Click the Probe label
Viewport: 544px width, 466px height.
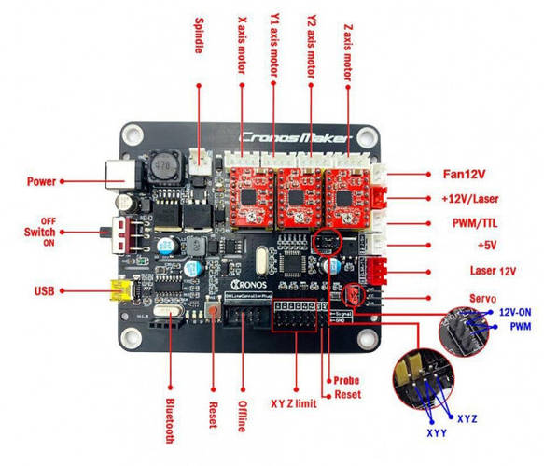tap(346, 380)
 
